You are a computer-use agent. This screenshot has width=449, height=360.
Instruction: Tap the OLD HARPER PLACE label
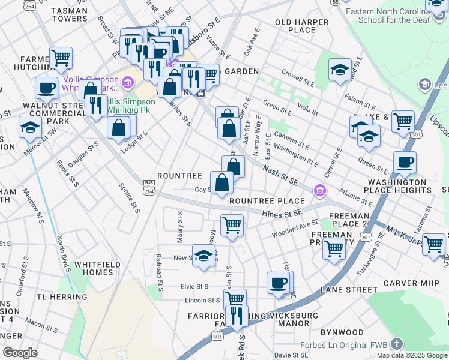(x=302, y=26)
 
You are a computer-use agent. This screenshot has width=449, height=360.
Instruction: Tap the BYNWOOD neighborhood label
(x=342, y=332)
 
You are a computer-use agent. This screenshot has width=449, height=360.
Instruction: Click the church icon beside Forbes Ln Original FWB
(x=396, y=344)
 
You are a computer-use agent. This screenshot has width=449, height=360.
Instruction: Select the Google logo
(x=20, y=353)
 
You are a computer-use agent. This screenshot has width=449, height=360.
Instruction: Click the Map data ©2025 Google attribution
(x=412, y=355)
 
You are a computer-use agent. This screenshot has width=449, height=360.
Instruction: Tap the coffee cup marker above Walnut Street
(x=46, y=89)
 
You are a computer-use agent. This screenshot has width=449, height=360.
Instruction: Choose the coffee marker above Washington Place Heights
(x=405, y=162)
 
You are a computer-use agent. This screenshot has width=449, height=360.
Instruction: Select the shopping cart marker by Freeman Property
(x=334, y=247)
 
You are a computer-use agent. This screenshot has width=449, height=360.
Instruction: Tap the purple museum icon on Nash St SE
(x=320, y=191)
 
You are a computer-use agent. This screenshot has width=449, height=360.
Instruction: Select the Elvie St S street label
(x=194, y=287)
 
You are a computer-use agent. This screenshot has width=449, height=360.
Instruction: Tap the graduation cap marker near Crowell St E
(x=340, y=69)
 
